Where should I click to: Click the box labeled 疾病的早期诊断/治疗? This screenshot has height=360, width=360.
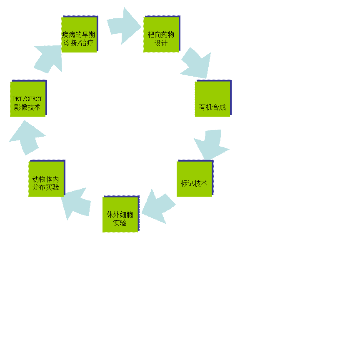[79, 34]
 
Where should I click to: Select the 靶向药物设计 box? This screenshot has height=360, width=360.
[161, 34]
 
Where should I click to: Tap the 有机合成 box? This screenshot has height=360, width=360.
[212, 98]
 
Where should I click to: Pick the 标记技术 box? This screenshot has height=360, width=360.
[194, 178]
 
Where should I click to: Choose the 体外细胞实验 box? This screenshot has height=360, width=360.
[120, 214]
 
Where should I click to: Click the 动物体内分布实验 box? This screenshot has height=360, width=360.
[46, 178]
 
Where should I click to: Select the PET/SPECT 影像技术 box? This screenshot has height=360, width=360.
[28, 98]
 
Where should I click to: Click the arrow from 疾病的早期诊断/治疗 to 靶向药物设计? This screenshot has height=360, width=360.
[123, 25]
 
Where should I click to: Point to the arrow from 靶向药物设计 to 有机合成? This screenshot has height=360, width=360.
[195, 64]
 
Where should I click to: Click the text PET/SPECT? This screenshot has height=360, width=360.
[27, 99]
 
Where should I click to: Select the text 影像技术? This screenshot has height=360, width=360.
[27, 107]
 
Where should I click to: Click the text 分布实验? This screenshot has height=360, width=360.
[46, 187]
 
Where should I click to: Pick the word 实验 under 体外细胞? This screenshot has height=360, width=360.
[120, 223]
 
